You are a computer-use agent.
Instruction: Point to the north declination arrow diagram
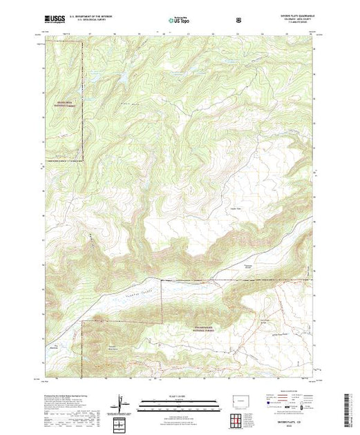coord(121,403)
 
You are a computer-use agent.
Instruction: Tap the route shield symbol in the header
coord(239,21)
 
